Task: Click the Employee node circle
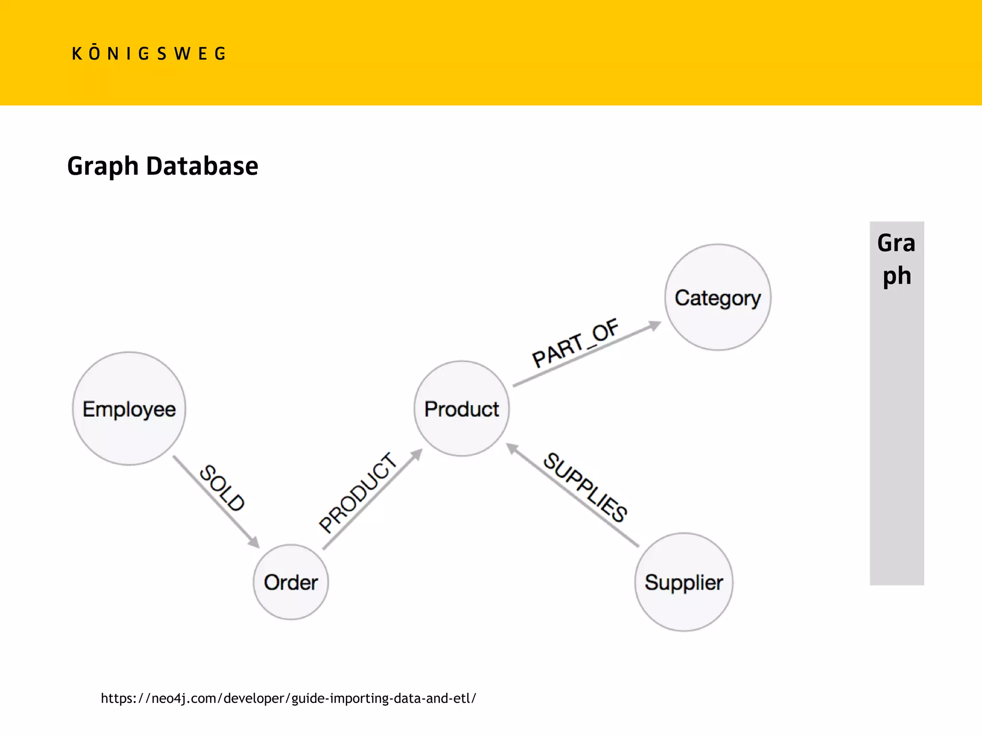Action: pos(129,409)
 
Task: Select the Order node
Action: pos(291,582)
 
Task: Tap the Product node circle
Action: pos(462,409)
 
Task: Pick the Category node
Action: pos(718,297)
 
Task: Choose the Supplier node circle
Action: pos(684,582)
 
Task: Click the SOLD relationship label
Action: pos(222,487)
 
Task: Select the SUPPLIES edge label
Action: pos(585,487)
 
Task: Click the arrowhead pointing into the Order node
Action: pos(254,543)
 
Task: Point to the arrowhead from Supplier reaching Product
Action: pos(513,449)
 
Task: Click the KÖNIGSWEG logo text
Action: pos(149,54)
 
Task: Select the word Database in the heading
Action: pos(202,166)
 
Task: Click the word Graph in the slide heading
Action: pos(103,166)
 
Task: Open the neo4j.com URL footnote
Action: pos(288,698)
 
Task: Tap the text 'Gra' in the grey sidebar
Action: pos(896,243)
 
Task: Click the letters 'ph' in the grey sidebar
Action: pos(897,276)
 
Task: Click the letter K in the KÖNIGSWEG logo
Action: pos(77,54)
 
